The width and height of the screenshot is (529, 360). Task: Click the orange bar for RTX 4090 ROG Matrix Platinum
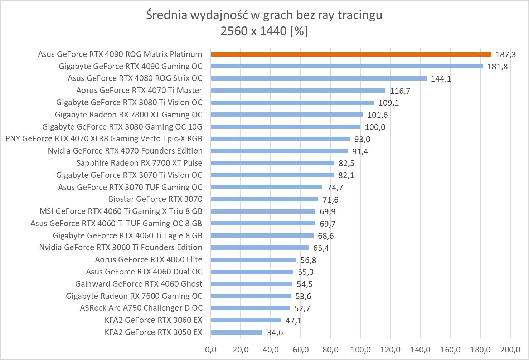click(351, 54)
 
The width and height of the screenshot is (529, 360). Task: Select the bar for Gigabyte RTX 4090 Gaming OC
click(347, 66)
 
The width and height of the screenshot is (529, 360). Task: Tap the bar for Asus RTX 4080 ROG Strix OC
click(319, 78)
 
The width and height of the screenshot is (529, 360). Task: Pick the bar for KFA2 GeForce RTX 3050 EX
click(237, 332)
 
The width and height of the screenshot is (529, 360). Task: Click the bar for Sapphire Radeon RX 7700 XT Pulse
click(272, 163)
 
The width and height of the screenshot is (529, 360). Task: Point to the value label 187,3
click(505, 54)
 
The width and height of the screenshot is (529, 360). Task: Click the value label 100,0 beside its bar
click(375, 127)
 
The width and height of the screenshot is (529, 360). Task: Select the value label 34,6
click(275, 332)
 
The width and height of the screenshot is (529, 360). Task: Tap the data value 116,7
click(400, 91)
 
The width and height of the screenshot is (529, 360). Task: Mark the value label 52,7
click(302, 308)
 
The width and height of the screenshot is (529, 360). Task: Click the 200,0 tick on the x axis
click(510, 350)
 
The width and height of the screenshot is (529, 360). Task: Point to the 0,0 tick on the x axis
click(211, 350)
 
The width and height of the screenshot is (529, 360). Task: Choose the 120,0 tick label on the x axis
click(390, 350)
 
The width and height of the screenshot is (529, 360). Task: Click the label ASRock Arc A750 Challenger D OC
click(141, 308)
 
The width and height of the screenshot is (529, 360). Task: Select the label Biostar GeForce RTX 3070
click(155, 199)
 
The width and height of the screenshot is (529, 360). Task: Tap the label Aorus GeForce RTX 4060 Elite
click(149, 259)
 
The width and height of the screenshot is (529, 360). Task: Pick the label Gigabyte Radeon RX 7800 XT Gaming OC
click(128, 115)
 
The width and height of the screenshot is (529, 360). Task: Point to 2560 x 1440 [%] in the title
click(264, 31)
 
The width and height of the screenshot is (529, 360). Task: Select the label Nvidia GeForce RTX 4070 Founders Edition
click(125, 151)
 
